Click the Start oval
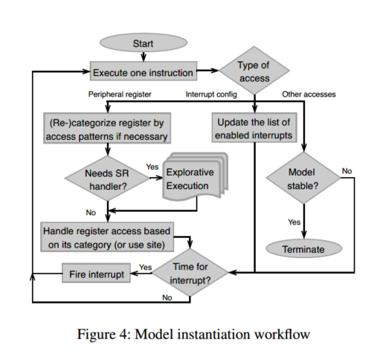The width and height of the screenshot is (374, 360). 144,42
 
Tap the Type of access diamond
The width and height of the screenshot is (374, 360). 254,71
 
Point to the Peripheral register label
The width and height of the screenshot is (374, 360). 120,94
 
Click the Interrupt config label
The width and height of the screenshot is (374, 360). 211,94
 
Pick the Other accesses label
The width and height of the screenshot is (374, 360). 309,94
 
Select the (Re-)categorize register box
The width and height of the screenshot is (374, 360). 107,128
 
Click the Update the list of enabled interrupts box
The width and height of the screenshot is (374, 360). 254,127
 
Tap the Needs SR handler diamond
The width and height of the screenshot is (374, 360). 107,178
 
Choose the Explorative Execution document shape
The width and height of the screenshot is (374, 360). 196,177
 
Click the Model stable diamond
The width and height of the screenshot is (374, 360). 303,178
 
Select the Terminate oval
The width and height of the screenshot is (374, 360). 304,248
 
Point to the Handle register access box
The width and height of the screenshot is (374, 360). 107,237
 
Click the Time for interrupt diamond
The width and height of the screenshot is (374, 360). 190,273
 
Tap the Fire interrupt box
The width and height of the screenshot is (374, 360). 96,273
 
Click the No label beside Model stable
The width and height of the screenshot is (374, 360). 346,171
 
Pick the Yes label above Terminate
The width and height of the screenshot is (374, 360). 294,222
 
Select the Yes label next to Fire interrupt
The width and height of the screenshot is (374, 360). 146,267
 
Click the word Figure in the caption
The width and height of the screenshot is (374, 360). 96,335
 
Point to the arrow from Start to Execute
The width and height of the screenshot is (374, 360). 144,57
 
